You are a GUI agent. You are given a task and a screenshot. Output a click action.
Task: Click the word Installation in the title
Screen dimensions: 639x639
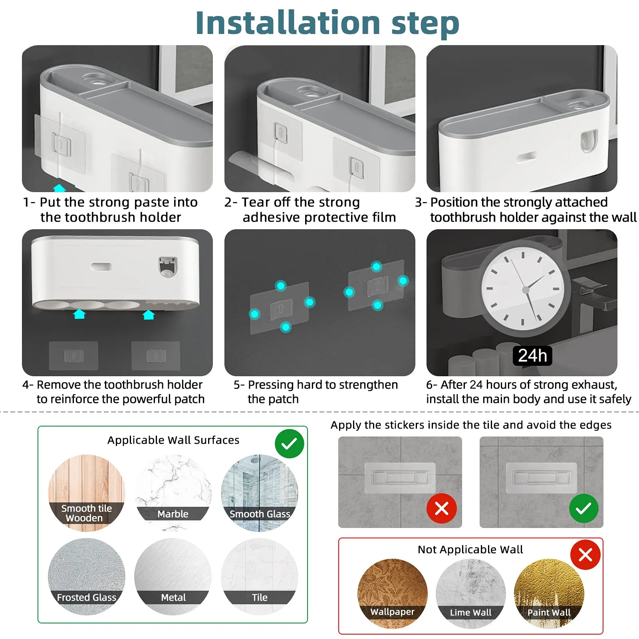pos(288,23)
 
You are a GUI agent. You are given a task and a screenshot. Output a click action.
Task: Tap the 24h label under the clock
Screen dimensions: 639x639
pos(532,355)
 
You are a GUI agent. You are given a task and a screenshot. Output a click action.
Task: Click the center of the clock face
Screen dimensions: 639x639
pos(526,290)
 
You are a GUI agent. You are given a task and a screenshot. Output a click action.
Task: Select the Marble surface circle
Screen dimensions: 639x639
pos(173,493)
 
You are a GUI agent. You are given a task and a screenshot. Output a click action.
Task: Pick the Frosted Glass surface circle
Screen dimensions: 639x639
pos(87,576)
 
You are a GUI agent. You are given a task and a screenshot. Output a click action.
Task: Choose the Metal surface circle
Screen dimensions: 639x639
pos(173,576)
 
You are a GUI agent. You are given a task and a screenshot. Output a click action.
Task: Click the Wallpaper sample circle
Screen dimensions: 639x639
pos(392,593)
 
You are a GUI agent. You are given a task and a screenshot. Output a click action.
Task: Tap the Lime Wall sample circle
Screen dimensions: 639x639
pos(470,593)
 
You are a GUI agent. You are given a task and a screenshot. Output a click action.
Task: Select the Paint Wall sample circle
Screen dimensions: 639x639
pos(549,593)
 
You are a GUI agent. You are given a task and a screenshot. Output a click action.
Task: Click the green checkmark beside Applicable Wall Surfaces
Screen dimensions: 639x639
pos(290,444)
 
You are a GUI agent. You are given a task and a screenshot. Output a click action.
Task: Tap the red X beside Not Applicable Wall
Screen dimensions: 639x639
pos(585,555)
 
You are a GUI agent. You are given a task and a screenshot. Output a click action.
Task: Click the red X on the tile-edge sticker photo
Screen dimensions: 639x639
pos(442,508)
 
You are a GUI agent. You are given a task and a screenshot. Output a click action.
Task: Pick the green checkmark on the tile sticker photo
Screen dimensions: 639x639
pos(583,508)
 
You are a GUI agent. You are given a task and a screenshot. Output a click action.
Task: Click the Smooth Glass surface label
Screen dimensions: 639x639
pos(260,514)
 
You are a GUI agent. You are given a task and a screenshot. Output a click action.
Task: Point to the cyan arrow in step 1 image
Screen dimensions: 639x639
pos(60,188)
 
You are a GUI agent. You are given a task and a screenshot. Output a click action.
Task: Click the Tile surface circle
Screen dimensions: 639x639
pos(260,576)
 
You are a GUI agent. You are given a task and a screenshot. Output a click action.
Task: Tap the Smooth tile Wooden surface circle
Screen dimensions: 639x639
pos(87,493)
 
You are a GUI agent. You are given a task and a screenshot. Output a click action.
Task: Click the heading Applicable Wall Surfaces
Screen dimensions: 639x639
pos(173,440)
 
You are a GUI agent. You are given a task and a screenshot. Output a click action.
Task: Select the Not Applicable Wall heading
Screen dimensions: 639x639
pos(470,550)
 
